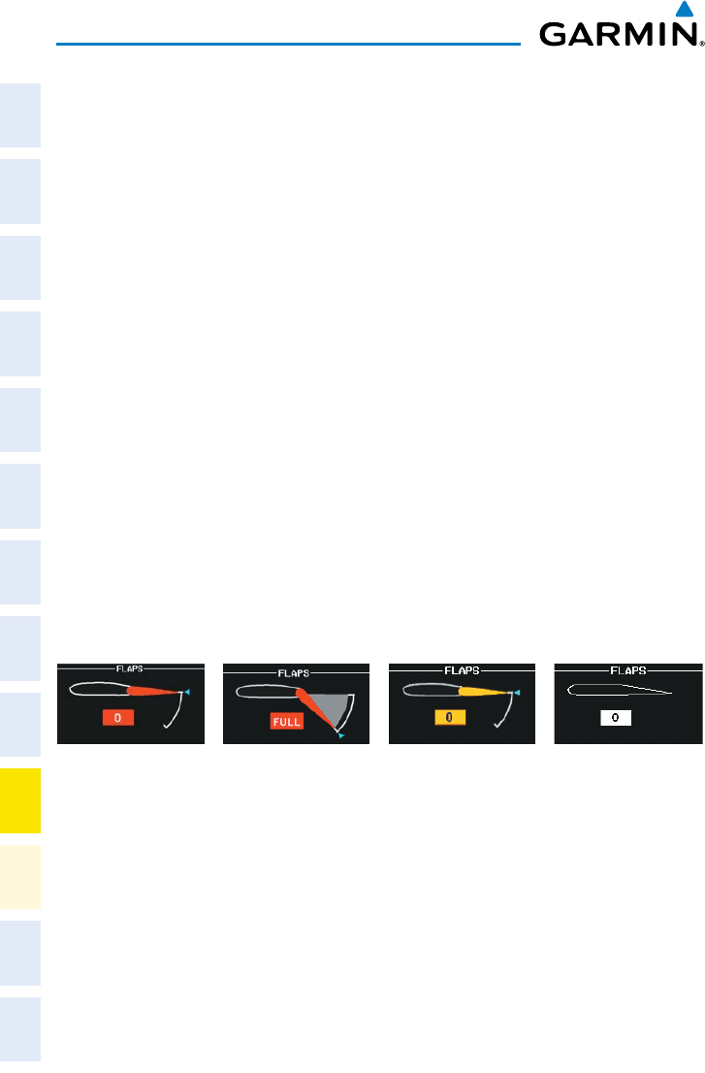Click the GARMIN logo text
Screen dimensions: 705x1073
[x=621, y=36]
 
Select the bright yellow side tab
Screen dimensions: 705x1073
[x=21, y=800]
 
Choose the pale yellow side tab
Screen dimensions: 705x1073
[x=21, y=876]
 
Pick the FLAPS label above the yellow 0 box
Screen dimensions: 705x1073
[x=462, y=668]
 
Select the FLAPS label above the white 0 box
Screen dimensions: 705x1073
[x=627, y=668]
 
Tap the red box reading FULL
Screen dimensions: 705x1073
[x=287, y=722]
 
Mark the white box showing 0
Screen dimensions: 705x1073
[x=615, y=718]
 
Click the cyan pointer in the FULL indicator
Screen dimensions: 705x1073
[x=341, y=736]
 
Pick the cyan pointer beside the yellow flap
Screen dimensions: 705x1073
[x=518, y=692]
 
